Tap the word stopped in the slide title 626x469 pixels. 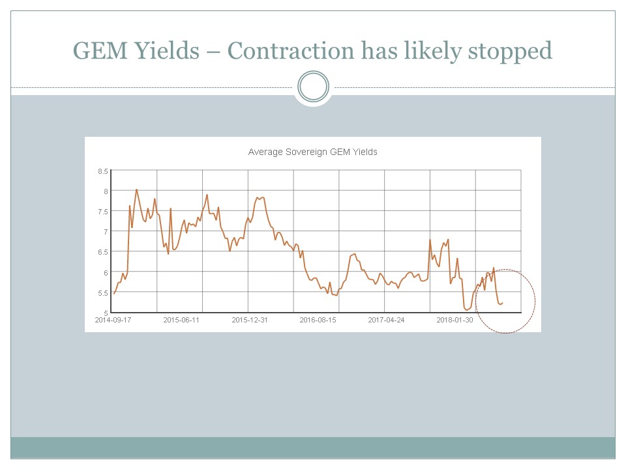point(511,51)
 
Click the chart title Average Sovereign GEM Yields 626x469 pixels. point(313,152)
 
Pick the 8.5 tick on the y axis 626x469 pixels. point(102,171)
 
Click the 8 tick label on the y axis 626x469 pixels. point(105,191)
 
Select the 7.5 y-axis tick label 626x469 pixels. point(102,211)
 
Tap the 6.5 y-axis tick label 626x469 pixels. point(102,252)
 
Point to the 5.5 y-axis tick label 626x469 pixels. point(102,292)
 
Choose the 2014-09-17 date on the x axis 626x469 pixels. point(113,320)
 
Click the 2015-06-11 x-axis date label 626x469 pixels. point(181,320)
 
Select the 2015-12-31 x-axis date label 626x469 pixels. point(250,320)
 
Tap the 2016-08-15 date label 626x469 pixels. point(318,320)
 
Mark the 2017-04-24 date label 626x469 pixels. point(386,320)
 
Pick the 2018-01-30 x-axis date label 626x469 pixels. point(455,320)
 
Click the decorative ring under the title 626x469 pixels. point(313,87)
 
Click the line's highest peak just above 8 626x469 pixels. point(136,190)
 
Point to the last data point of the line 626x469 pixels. point(503,302)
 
